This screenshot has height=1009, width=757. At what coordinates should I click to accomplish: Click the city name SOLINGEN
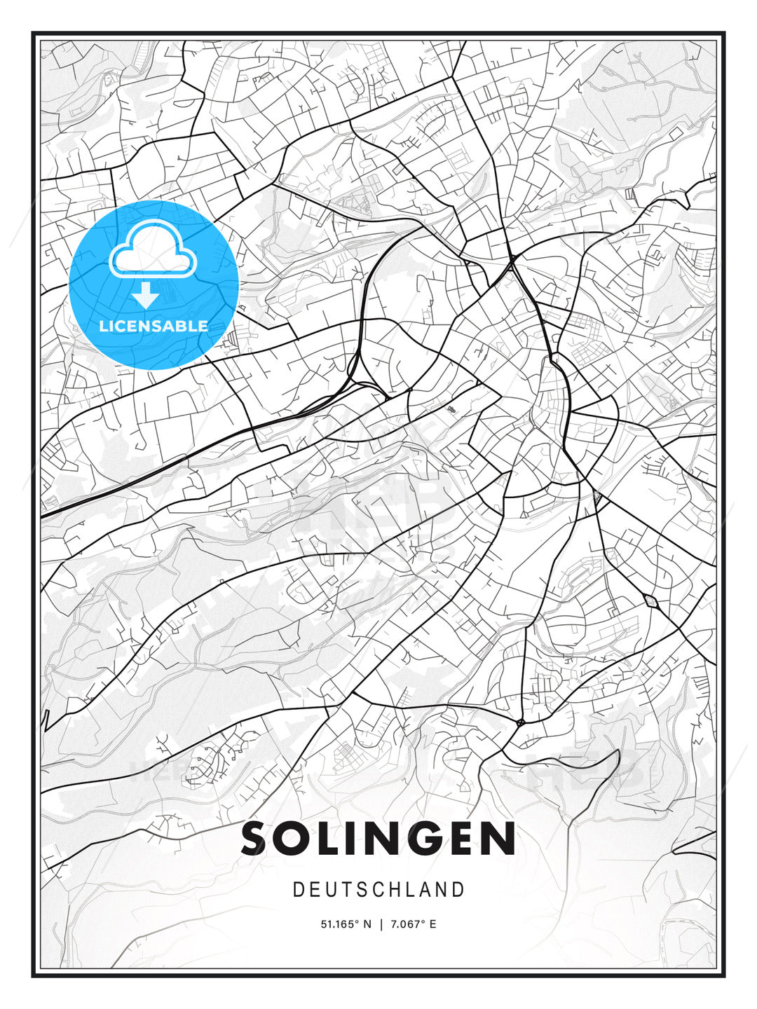pyautogui.click(x=378, y=839)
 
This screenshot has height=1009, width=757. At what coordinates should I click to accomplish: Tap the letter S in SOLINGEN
pyautogui.click(x=257, y=839)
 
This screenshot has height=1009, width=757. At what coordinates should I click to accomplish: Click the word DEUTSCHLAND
pyautogui.click(x=378, y=890)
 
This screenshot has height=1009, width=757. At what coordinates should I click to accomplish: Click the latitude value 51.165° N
pyautogui.click(x=346, y=924)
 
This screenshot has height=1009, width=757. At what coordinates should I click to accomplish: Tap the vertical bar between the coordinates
pyautogui.click(x=381, y=924)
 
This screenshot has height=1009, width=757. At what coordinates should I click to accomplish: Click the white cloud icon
pyautogui.click(x=150, y=249)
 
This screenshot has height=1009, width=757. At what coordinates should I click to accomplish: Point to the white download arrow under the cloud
pyautogui.click(x=146, y=296)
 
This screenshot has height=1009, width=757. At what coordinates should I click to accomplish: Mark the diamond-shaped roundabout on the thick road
pyautogui.click(x=650, y=600)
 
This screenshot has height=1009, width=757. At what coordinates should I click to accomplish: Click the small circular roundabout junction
pyautogui.click(x=520, y=722)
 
